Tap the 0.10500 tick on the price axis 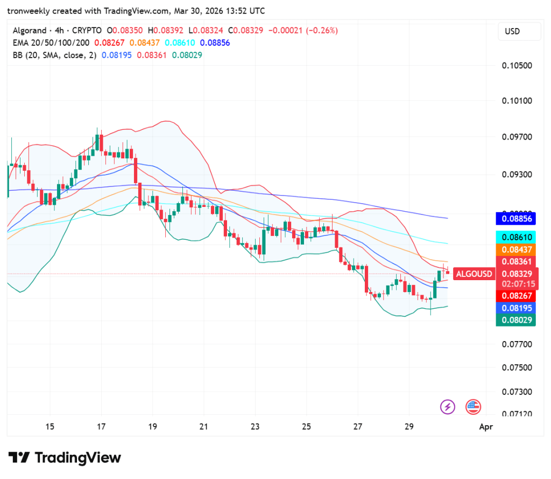(x=517, y=66)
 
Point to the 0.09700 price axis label (x=517, y=137)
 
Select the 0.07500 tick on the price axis (x=517, y=368)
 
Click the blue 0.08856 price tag (x=517, y=219)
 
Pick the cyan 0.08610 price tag (x=517, y=237)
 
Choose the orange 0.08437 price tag (x=517, y=249)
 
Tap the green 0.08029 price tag (x=517, y=320)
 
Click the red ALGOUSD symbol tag (x=474, y=274)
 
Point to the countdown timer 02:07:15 (x=517, y=283)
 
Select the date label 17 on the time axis (x=101, y=427)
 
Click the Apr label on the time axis (x=485, y=427)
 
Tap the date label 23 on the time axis (x=255, y=427)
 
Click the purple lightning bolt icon (x=448, y=407)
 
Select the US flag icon (x=473, y=407)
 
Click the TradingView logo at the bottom (x=65, y=458)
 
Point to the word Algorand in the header (x=27, y=31)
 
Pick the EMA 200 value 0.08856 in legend (x=215, y=43)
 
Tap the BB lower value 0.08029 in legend (x=187, y=55)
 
